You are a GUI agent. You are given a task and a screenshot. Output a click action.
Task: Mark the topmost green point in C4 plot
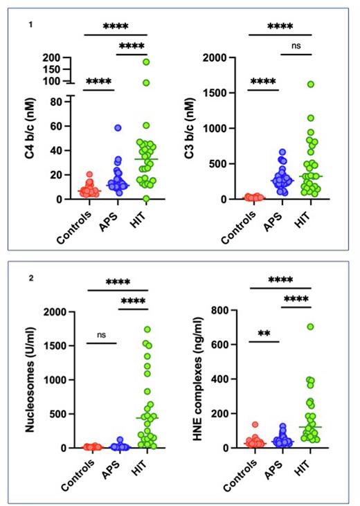click(146, 62)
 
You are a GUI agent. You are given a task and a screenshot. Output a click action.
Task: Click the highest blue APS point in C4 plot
click(118, 128)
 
